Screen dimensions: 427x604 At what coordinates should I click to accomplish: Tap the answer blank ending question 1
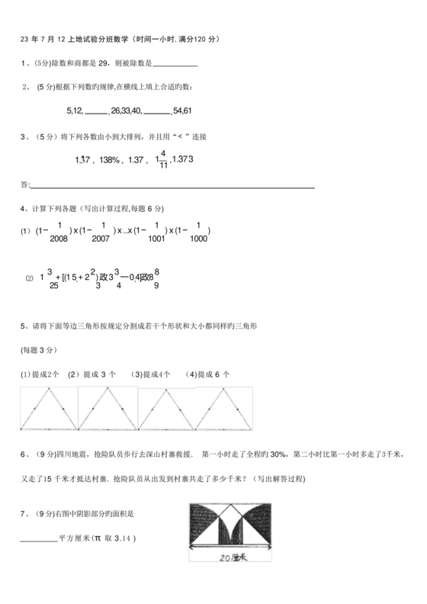coord(176,65)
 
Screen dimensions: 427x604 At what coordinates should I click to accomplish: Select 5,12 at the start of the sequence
coord(75,111)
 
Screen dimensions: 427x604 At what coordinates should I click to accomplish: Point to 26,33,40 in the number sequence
coord(126,111)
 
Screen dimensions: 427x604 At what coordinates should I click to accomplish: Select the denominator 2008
coord(59,239)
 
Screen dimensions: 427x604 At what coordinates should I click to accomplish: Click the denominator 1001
coord(156,239)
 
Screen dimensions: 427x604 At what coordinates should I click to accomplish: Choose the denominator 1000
coord(197,239)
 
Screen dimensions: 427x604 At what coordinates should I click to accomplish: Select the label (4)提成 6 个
coord(207,374)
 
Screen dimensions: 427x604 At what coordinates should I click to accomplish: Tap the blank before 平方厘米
coord(38,539)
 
